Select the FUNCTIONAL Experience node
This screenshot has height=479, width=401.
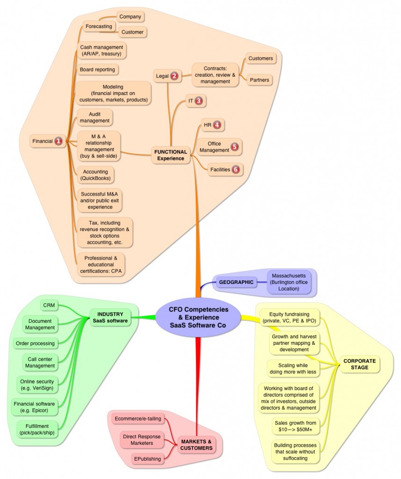[170, 155]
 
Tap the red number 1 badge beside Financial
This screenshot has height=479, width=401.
[58, 141]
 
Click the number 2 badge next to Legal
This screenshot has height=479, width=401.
[174, 76]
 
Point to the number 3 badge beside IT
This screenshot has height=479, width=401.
[199, 101]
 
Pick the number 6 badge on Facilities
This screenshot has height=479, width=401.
[236, 169]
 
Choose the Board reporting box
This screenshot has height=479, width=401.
[97, 70]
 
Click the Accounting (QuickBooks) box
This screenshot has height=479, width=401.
[95, 175]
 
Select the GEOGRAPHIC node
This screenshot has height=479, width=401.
[236, 282]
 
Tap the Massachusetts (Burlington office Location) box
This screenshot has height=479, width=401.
[289, 282]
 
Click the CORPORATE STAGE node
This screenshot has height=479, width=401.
[360, 364]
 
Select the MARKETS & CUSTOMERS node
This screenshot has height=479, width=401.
[196, 445]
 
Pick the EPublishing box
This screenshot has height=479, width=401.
[147, 459]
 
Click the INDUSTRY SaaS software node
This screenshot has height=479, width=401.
[110, 318]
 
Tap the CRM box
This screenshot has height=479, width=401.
[49, 305]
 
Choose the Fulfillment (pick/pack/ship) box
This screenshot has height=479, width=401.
[37, 429]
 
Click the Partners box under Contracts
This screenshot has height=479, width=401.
[260, 80]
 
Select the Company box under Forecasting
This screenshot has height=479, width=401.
[130, 17]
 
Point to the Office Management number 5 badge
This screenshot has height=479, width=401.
[234, 146]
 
